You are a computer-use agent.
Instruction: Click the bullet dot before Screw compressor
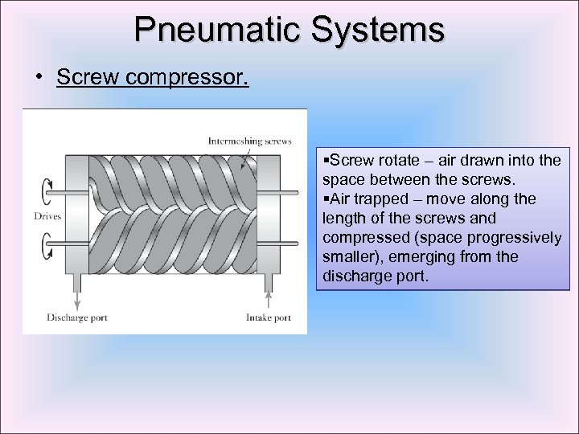[x=39, y=78]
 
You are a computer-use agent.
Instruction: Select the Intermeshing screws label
[x=249, y=141]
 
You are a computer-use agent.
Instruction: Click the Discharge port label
[x=77, y=317]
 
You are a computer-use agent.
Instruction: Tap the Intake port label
[x=268, y=317]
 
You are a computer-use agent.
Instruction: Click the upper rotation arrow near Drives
[x=43, y=193]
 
